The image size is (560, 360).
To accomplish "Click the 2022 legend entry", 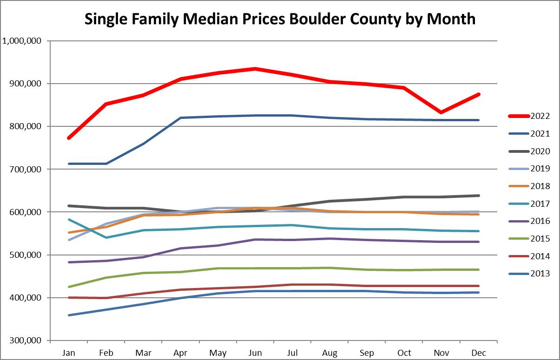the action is (529, 116).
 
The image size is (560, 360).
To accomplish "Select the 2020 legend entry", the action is (529, 151).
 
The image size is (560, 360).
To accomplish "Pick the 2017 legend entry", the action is (529, 204).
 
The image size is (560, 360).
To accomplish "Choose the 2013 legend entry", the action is (529, 274).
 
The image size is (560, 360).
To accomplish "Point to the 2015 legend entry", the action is (529, 239).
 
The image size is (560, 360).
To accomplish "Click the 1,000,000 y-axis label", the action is (21, 41).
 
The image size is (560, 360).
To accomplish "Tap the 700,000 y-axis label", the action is (25, 170).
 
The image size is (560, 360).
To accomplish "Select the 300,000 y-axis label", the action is (25, 340).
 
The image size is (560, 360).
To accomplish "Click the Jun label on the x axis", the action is (255, 353).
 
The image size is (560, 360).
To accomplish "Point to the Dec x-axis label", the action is (479, 353).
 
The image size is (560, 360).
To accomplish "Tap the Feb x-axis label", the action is (106, 353).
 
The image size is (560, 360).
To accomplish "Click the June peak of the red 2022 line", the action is (255, 69).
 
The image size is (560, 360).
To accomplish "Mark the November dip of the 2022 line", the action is (441, 112).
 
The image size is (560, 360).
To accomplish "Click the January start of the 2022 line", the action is (69, 138).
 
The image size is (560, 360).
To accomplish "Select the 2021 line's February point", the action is (106, 164).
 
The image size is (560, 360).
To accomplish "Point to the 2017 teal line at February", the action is (106, 237).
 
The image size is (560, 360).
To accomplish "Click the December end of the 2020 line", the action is (479, 196).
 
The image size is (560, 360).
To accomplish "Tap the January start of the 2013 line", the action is (69, 315).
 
